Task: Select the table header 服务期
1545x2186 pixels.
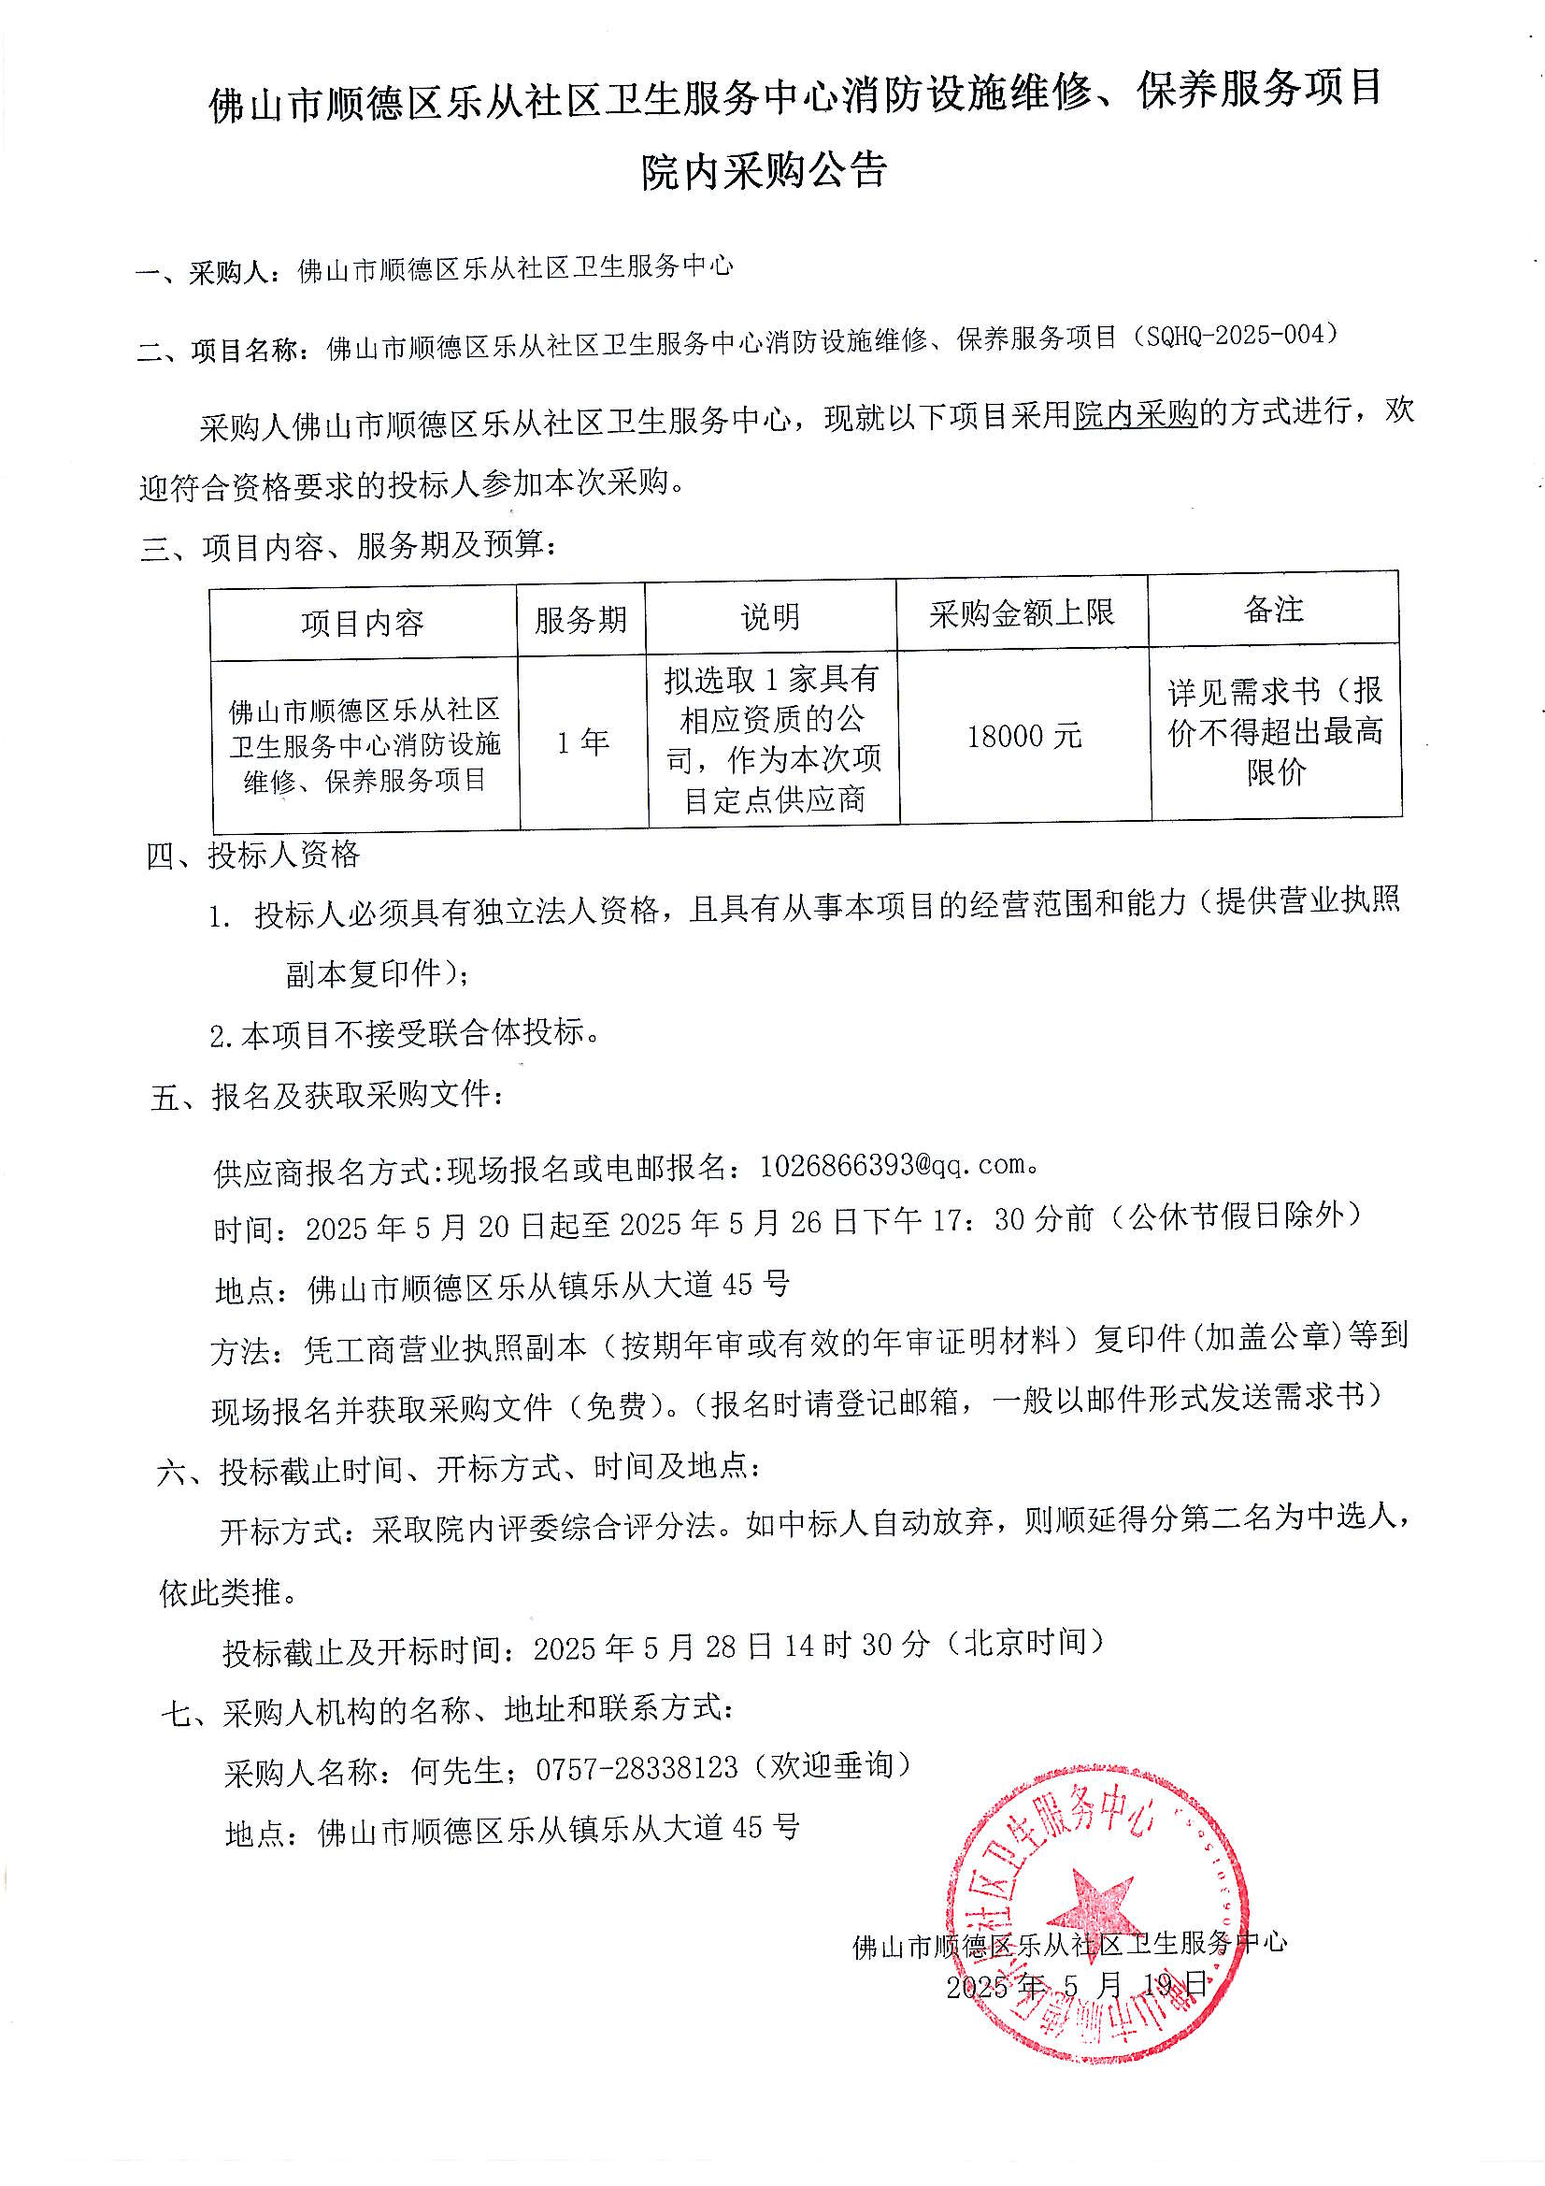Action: pos(580,620)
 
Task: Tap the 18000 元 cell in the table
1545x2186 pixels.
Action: pos(1023,736)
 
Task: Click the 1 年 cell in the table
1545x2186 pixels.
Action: pos(582,741)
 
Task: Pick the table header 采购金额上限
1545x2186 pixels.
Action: pos(1022,614)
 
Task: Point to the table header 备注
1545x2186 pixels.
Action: pos(1273,610)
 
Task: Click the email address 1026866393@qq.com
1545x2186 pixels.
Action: pos(892,1164)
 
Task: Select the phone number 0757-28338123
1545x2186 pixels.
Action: pos(637,1768)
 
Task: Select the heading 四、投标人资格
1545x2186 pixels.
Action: pos(253,855)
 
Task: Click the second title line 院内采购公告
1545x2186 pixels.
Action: pos(765,171)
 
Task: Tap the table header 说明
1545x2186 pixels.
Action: pos(770,617)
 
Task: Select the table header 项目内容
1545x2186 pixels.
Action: pos(362,624)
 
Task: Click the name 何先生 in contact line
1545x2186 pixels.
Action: pos(457,1770)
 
